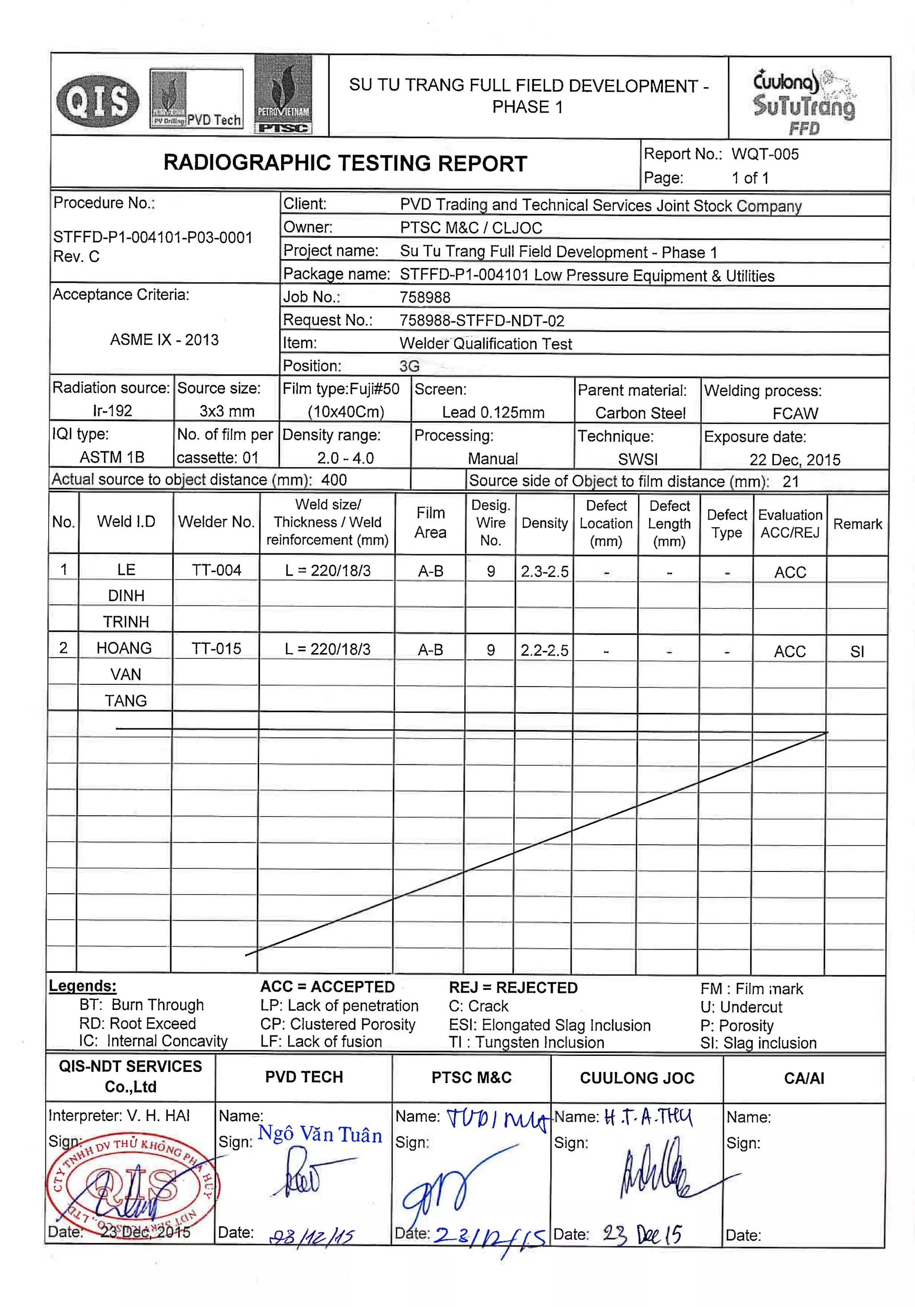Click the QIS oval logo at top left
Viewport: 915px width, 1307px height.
(97, 101)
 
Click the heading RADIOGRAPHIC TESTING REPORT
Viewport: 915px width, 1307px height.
(344, 163)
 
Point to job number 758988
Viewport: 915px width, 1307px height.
(425, 297)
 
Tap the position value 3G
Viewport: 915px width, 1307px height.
(409, 366)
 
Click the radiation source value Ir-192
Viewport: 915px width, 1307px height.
(112, 411)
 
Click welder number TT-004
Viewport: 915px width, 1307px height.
(216, 570)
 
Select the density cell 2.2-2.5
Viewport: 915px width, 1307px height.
(544, 650)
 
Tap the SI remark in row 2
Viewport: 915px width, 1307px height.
(856, 651)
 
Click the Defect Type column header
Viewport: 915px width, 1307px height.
(726, 523)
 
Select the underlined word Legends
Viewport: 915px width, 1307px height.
(83, 986)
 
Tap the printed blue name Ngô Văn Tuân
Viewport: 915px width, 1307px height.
(319, 1135)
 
